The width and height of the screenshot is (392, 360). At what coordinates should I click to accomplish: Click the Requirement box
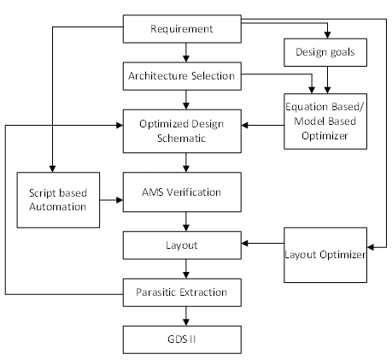[182, 29]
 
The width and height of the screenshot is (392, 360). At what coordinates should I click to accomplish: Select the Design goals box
[325, 52]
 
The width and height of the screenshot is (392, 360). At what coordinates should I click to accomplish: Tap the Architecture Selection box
[182, 76]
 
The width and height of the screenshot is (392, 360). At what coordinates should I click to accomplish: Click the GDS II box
[182, 339]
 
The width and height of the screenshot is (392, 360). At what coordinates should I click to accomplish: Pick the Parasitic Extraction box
[182, 292]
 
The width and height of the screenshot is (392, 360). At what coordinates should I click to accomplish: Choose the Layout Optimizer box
[325, 255]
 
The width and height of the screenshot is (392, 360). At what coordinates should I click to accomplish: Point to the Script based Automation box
[58, 200]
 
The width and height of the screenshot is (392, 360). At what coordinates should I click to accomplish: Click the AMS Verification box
[182, 192]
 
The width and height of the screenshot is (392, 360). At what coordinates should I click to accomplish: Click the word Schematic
[181, 139]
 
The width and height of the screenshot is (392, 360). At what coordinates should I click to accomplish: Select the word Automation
[58, 207]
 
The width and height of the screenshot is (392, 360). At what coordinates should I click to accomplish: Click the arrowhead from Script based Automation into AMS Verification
[120, 200]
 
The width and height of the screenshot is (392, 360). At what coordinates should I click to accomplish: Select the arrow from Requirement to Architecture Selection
[186, 53]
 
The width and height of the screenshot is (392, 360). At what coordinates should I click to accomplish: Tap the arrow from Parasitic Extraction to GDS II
[186, 316]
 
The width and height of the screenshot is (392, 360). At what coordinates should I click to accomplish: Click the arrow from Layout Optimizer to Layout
[262, 243]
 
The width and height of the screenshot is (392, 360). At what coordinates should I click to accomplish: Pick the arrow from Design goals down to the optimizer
[327, 80]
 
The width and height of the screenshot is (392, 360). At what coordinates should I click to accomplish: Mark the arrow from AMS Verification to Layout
[186, 221]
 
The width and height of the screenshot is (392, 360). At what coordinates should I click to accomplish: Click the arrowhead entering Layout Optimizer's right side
[371, 247]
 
